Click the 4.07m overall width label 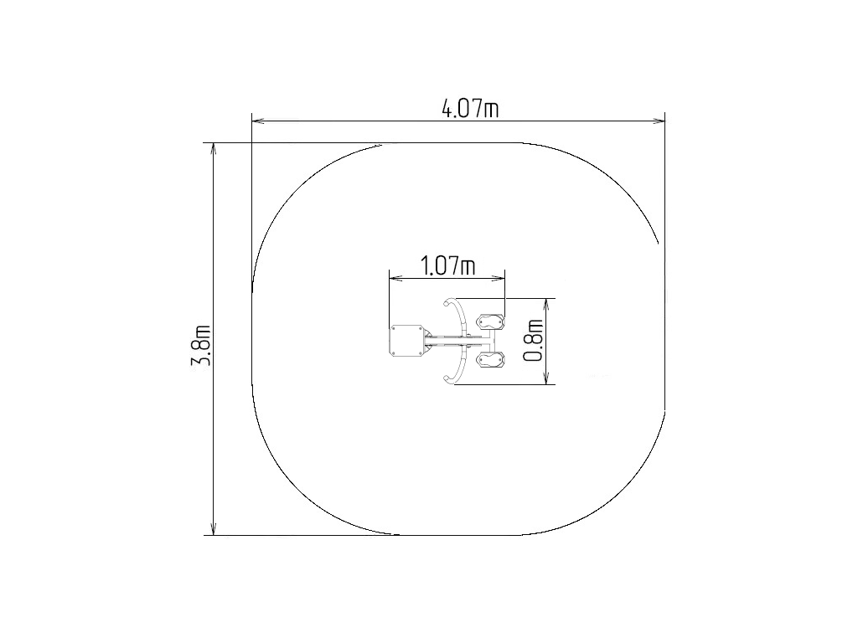[470, 109]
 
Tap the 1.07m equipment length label [447, 266]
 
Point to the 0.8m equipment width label [533, 341]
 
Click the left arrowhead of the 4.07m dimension [258, 121]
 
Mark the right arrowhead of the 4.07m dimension [659, 121]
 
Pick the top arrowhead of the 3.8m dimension [214, 150]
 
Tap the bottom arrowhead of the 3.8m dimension [214, 528]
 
